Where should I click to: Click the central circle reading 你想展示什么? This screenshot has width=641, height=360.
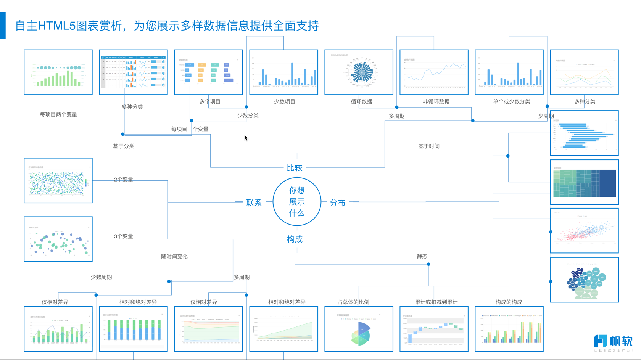tap(297, 201)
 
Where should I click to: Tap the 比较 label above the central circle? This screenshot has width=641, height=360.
tap(295, 168)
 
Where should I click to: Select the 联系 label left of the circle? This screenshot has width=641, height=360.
tap(254, 203)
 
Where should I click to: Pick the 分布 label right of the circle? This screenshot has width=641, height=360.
tap(338, 203)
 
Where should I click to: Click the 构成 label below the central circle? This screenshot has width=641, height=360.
tap(295, 239)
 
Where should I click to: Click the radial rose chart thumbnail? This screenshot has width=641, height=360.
tap(359, 72)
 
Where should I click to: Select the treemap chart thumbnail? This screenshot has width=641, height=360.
tap(584, 182)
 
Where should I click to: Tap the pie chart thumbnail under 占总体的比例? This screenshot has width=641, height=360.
tap(359, 329)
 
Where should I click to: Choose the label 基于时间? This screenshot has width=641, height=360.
tap(429, 146)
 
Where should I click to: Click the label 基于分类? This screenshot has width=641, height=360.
tap(124, 146)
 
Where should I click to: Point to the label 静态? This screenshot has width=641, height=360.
tap(422, 256)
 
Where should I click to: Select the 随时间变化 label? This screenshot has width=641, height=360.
tap(174, 256)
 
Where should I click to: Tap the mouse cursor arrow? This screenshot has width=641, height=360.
tap(246, 138)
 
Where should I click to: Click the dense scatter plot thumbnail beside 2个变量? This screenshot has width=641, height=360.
tap(58, 180)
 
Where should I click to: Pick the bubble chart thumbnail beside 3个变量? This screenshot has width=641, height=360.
tap(58, 239)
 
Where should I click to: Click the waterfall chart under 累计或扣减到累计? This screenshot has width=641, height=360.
tap(434, 329)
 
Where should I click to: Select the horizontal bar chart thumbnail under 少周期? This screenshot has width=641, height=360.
tap(584, 133)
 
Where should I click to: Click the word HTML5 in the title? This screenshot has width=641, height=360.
tap(57, 26)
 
